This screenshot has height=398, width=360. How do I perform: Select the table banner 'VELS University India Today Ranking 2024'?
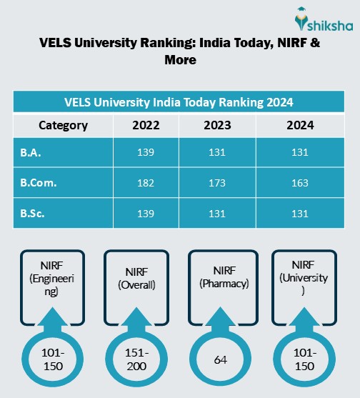179,101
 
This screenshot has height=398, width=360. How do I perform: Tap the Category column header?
63,126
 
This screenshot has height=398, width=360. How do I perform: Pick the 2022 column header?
146,126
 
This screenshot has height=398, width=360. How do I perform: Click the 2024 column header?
299,126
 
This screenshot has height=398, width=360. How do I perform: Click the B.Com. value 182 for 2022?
146,183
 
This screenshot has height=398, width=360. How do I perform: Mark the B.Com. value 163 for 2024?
299,183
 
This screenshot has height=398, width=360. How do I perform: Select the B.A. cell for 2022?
146,153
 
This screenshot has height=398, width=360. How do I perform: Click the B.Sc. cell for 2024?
299,213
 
